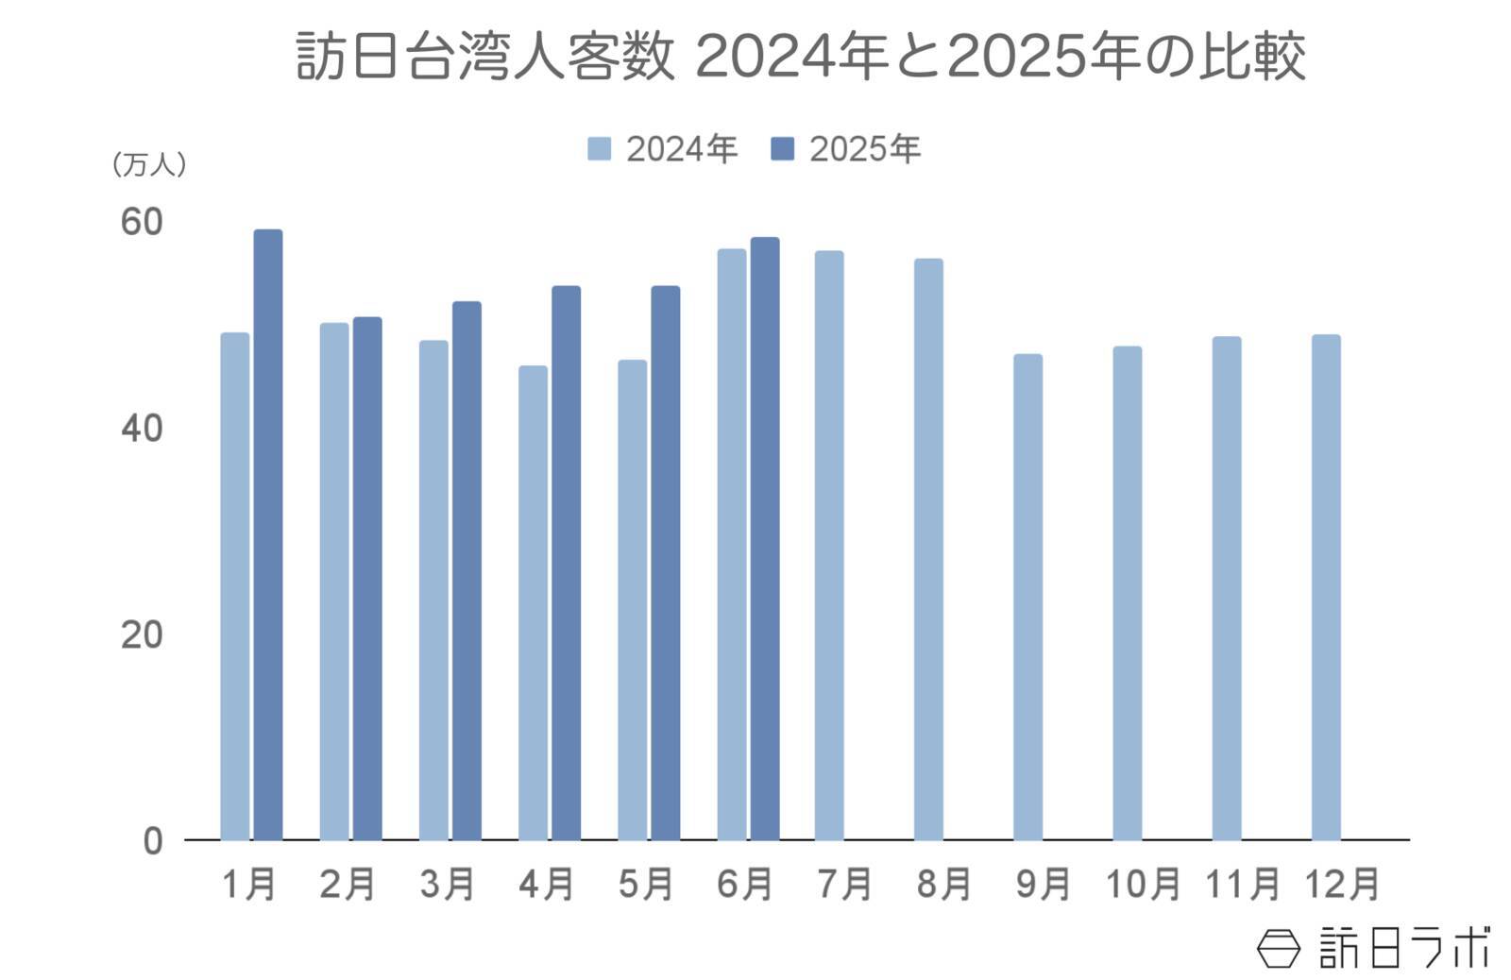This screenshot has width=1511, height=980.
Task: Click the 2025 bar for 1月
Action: (x=268, y=534)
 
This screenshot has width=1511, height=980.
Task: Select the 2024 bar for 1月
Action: (x=235, y=585)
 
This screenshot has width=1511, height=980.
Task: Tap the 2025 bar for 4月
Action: (x=566, y=563)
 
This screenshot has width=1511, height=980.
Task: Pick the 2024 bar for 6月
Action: (x=731, y=544)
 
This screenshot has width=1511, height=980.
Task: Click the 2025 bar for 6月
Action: (x=765, y=538)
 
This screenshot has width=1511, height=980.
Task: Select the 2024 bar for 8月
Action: (x=928, y=549)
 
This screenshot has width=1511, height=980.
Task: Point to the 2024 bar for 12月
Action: (x=1326, y=587)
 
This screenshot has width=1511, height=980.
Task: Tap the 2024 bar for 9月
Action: (x=1027, y=597)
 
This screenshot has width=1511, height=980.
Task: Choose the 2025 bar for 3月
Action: (x=467, y=570)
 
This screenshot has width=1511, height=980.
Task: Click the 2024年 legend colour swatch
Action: (x=599, y=149)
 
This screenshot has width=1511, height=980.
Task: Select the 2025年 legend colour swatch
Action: (x=782, y=149)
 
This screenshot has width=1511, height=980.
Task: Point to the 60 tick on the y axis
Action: (x=142, y=223)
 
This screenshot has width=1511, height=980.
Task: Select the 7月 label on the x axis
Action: (x=844, y=885)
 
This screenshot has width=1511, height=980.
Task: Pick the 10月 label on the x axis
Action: (x=1142, y=885)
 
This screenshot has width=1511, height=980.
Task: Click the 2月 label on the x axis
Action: (x=348, y=885)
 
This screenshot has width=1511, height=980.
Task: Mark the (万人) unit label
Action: (x=148, y=165)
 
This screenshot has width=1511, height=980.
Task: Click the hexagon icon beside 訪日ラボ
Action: (x=1279, y=947)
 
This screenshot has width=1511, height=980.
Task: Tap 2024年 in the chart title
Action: (x=791, y=57)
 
